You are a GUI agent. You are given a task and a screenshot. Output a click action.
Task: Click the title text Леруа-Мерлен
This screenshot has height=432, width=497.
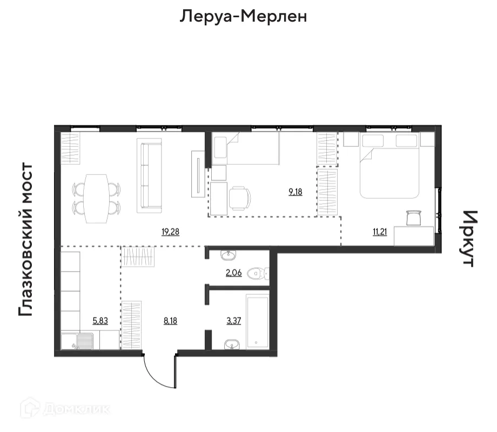(x=243, y=17)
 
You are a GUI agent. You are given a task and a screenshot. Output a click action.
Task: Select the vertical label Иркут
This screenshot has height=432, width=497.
(x=468, y=239)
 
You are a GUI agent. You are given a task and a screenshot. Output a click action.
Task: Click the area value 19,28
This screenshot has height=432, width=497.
(x=170, y=232)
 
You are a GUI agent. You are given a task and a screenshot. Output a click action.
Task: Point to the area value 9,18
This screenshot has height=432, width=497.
(x=295, y=191)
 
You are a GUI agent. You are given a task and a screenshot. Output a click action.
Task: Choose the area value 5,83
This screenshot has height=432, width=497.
(x=100, y=320)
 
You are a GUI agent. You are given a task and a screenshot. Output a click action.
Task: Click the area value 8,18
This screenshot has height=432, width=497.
(x=170, y=320)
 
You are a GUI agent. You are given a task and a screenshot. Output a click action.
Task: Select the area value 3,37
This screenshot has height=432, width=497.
(x=233, y=320)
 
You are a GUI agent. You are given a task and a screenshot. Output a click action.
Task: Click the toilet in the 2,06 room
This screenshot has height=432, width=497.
(x=257, y=274)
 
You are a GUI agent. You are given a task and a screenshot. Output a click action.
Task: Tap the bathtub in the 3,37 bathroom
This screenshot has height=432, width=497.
(x=257, y=321)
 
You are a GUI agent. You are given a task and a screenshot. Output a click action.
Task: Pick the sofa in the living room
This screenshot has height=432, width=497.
(x=150, y=175)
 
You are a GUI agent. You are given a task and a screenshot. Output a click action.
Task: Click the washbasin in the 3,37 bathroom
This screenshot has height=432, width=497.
(x=233, y=343)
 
